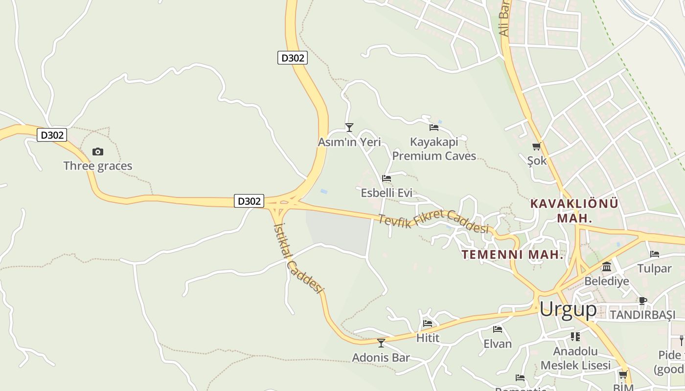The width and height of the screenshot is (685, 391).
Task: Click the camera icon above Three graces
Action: (x=98, y=152)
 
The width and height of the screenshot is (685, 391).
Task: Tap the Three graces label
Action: (x=98, y=166)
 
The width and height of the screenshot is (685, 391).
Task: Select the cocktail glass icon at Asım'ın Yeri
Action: (x=349, y=128)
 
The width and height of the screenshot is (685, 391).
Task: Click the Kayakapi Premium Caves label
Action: (x=434, y=149)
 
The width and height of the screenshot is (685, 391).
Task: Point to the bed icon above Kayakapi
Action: (x=434, y=128)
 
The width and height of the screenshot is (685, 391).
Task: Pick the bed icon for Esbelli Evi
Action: (x=387, y=178)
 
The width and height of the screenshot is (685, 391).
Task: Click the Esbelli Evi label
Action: (x=387, y=193)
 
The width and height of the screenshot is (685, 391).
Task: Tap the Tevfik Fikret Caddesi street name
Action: (x=434, y=221)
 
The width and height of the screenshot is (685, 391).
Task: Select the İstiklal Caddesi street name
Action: (x=299, y=258)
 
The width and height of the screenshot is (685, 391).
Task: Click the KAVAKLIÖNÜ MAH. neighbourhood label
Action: (x=574, y=211)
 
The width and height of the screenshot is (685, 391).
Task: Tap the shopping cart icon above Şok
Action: (x=537, y=146)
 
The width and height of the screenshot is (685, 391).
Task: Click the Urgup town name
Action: (x=568, y=309)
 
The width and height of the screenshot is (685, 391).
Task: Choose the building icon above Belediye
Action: (x=607, y=267)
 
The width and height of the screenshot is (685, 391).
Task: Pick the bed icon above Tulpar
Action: (x=654, y=254)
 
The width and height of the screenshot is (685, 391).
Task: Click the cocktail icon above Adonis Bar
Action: (x=381, y=343)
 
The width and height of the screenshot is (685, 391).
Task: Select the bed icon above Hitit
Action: (x=428, y=323)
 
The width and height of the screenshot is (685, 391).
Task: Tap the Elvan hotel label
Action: (x=498, y=344)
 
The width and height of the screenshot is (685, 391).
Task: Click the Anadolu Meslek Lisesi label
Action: (x=575, y=358)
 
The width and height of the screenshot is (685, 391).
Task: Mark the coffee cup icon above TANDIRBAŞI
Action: (x=642, y=301)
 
